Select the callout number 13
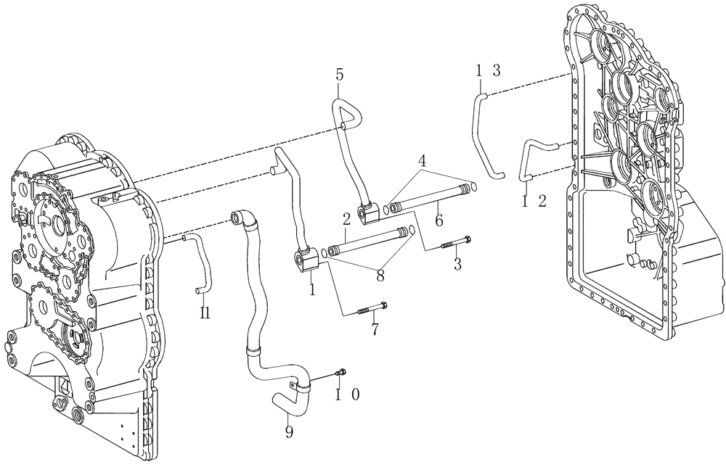point(488,70)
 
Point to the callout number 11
point(205,313)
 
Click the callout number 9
point(289,433)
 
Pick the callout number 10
point(348,395)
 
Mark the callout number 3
point(457,265)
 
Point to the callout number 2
point(348,218)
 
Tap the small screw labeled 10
point(341,373)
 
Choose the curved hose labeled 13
point(485,138)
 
